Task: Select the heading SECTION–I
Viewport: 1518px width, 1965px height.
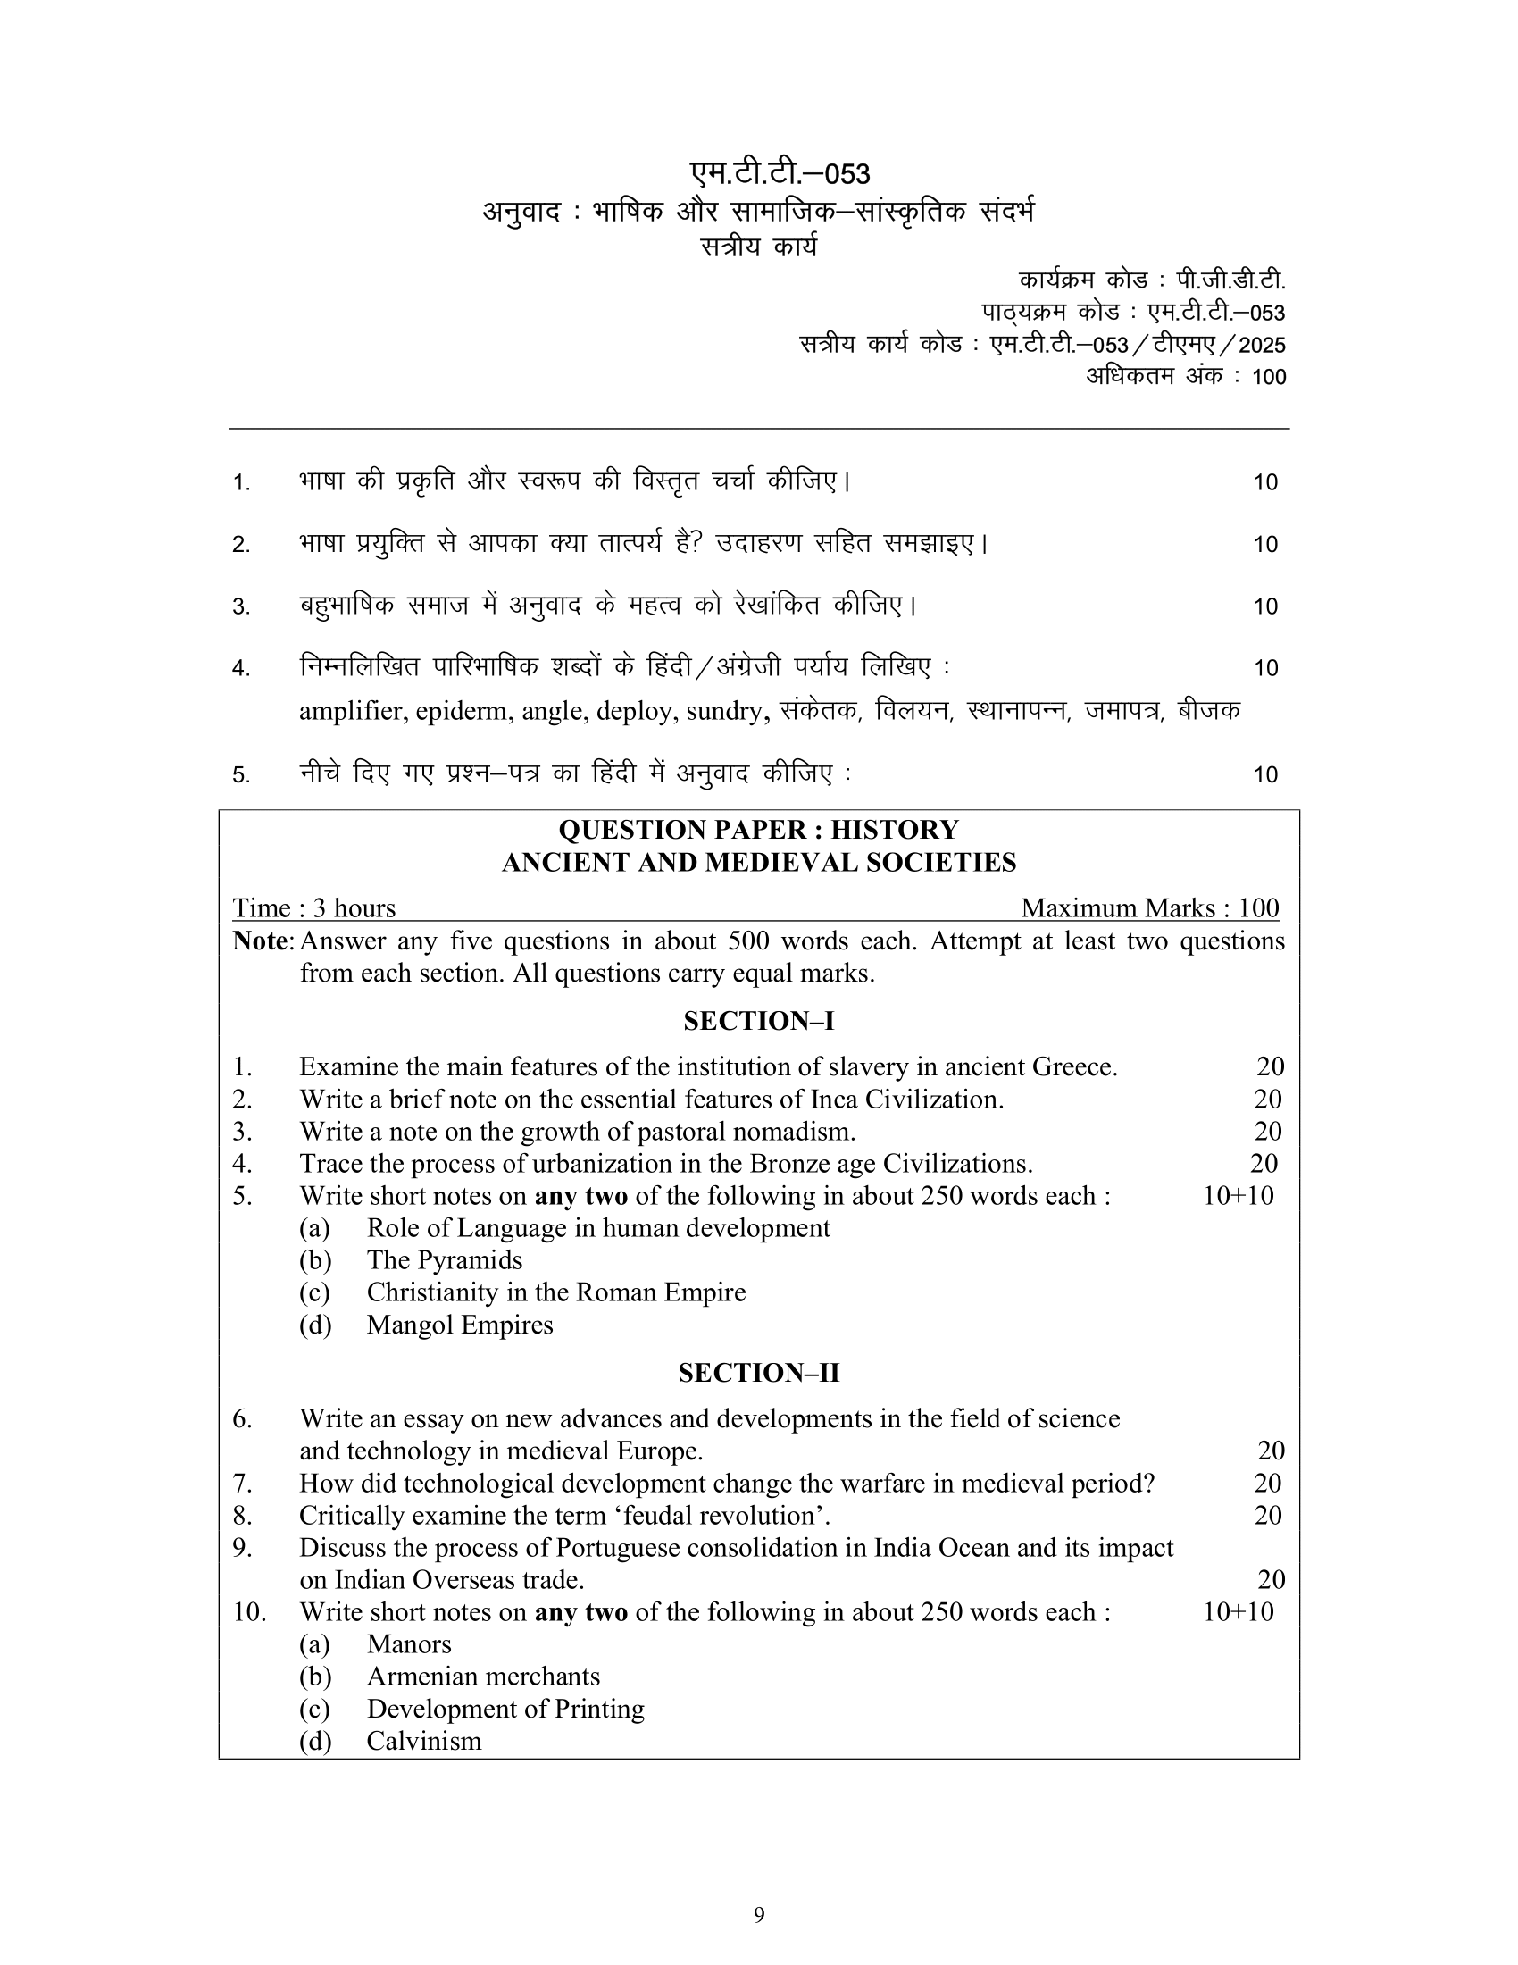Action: [x=758, y=1021]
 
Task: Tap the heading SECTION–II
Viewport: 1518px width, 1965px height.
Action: [x=758, y=1373]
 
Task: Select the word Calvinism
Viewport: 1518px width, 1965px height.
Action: [x=423, y=1741]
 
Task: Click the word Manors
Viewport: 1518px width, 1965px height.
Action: [x=408, y=1643]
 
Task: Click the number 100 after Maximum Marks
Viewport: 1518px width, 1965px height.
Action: [x=1258, y=907]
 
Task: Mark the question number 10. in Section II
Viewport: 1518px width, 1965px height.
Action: [x=249, y=1611]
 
